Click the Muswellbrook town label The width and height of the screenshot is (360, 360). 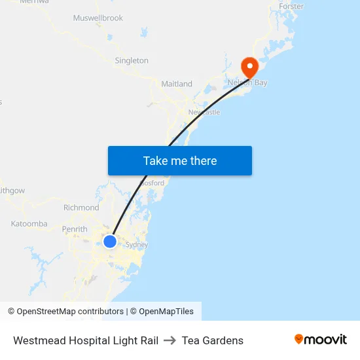98,18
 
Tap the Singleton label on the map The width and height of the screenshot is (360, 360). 132,60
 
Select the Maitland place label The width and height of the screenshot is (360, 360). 177,84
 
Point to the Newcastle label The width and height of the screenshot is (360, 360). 204,112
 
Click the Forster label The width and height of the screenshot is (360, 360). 291,7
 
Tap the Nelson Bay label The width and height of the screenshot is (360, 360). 247,83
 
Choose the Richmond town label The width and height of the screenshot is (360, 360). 81,207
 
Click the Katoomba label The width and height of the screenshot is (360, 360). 29,224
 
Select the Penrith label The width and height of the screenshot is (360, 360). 75,229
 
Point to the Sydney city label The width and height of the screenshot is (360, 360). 137,245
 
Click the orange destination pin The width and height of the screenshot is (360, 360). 249,66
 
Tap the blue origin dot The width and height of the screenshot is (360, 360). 110,242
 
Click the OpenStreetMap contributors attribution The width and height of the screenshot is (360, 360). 66,312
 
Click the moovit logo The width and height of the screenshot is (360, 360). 321,339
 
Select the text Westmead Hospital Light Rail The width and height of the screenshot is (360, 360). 86,340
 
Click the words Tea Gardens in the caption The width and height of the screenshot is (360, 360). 213,340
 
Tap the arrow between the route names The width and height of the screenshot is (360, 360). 170,340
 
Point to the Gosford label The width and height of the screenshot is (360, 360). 153,183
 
